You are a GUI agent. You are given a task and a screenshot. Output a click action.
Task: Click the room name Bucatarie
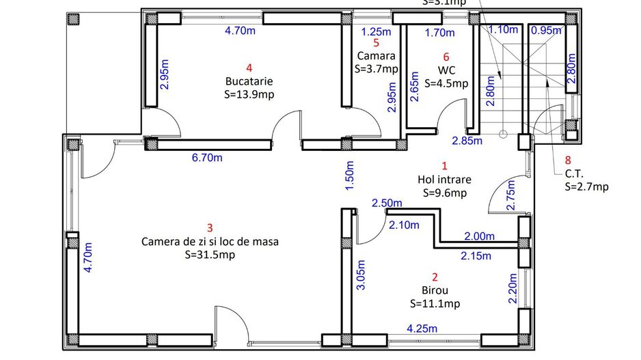click(x=249, y=81)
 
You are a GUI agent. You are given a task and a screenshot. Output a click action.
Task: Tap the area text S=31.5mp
click(x=210, y=254)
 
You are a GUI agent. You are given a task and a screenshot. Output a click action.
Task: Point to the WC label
click(x=446, y=70)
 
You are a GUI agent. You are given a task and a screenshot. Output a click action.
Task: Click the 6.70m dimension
click(x=206, y=158)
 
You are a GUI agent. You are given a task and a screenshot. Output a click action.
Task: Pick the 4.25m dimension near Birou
click(x=422, y=329)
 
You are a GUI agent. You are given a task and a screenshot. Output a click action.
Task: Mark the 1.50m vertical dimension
click(x=351, y=176)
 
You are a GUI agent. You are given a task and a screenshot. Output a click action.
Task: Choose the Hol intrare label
click(x=444, y=180)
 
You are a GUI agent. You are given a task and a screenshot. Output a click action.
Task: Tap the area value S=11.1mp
click(x=435, y=303)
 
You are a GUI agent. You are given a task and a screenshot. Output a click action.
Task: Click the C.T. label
click(x=573, y=173)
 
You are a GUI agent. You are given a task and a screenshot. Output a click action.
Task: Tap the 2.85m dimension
click(x=467, y=141)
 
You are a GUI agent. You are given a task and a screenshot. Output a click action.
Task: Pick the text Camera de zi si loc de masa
click(x=210, y=241)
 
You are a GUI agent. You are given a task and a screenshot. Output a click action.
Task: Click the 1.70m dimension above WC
click(x=439, y=32)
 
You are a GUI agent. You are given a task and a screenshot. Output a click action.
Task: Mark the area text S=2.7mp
click(x=586, y=186)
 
